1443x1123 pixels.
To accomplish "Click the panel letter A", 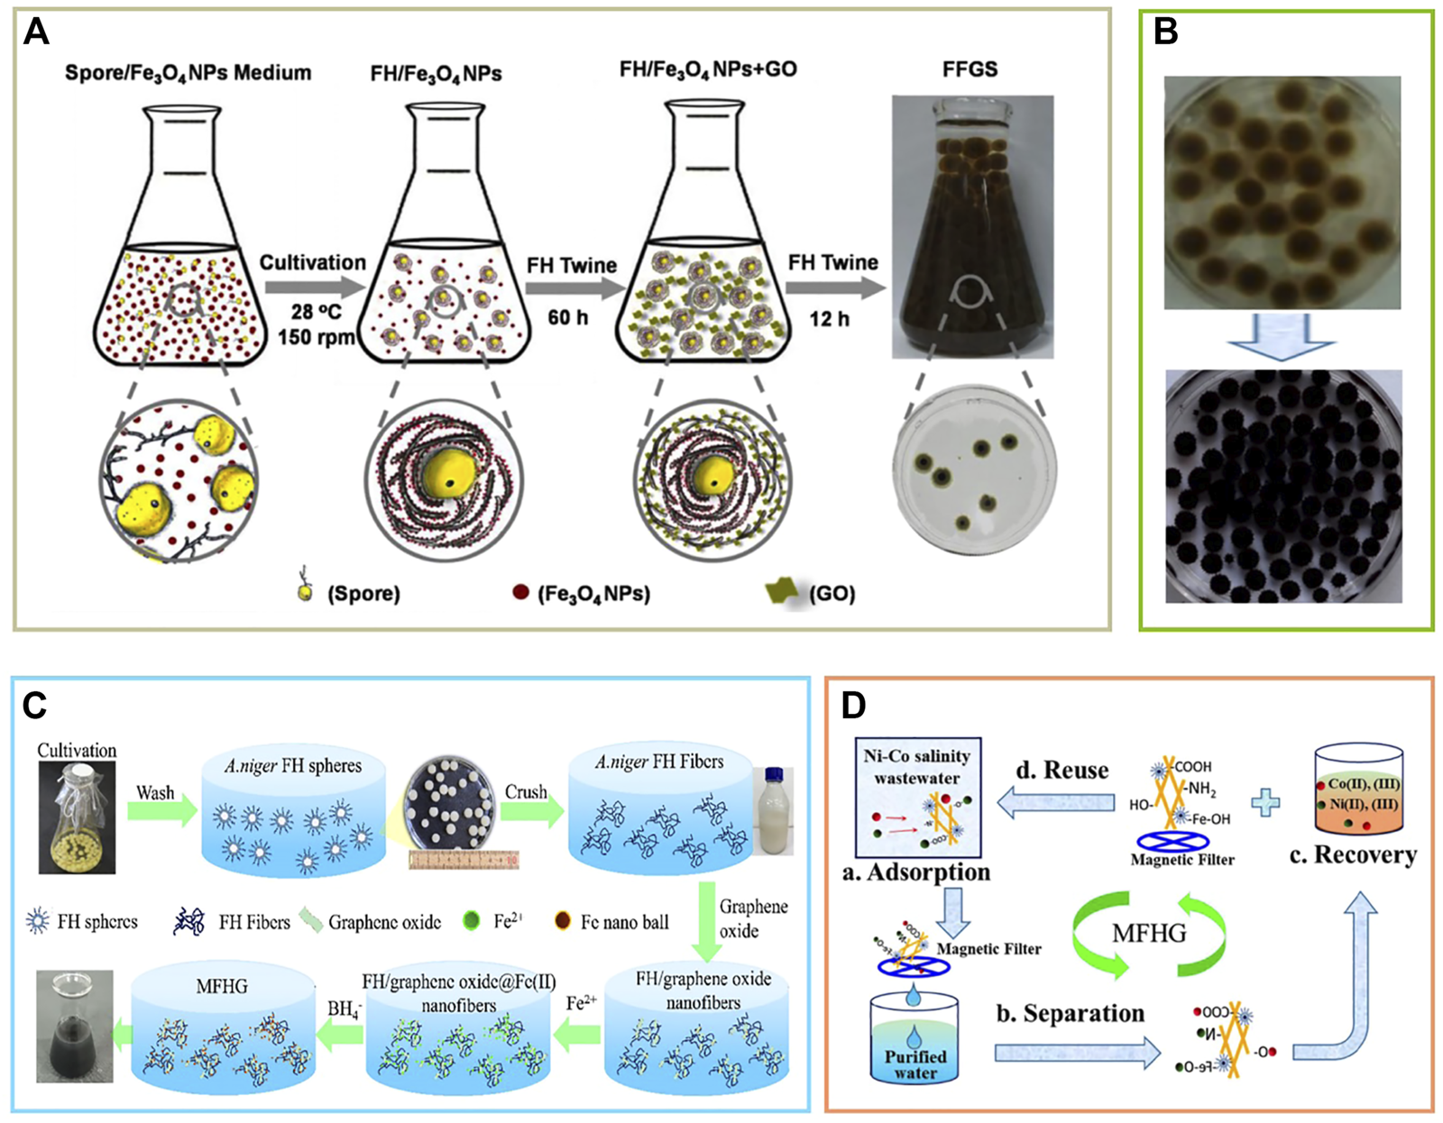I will coord(36,32).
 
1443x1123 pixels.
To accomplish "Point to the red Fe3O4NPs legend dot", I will coord(520,592).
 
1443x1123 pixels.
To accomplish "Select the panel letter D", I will coord(853,705).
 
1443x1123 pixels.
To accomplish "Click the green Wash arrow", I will coord(161,809).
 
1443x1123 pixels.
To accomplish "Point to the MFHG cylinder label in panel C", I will coord(222,987).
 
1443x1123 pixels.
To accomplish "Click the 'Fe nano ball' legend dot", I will coord(564,922).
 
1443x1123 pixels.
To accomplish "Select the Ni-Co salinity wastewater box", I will coord(917,798).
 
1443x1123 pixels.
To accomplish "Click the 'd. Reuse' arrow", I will coord(1055,802).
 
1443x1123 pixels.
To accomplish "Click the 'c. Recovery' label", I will coord(1353,854).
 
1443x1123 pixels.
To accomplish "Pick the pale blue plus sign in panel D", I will coord(1265,801).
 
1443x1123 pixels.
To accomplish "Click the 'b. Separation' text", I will coord(1070,1013).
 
